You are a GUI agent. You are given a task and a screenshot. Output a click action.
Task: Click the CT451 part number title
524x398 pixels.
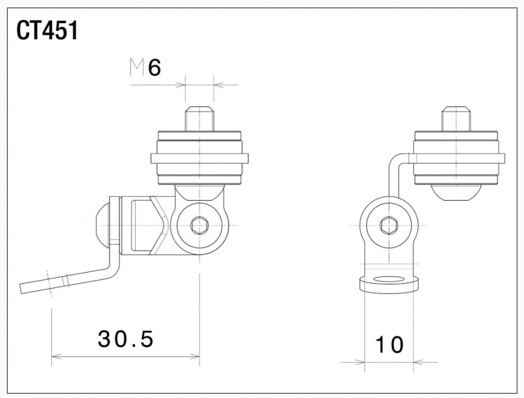click(x=47, y=31)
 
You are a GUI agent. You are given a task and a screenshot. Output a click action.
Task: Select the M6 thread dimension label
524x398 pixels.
click(x=145, y=68)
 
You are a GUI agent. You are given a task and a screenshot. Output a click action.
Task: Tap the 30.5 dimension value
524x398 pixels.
click(x=126, y=339)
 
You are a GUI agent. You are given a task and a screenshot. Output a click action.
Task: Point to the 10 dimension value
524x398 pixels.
click(x=389, y=345)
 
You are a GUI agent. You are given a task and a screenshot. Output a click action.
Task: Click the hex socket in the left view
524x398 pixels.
click(x=199, y=226)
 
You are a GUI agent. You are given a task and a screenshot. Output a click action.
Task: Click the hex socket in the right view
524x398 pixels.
click(x=389, y=226)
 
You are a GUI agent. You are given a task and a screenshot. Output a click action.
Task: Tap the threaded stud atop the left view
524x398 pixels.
click(x=199, y=119)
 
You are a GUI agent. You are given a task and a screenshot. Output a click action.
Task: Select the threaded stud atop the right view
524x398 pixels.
click(x=456, y=119)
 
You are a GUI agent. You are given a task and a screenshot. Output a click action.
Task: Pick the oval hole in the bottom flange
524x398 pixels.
click(x=389, y=279)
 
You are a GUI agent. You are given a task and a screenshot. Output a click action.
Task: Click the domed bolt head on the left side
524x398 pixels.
click(x=102, y=221)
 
